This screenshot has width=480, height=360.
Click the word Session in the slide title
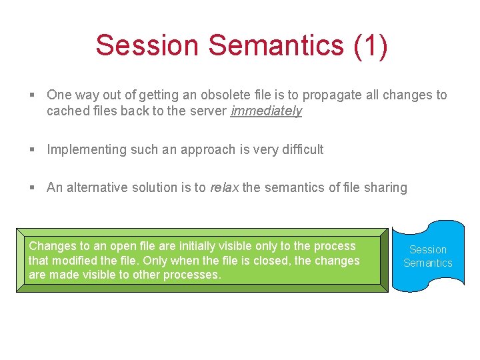pos(147,45)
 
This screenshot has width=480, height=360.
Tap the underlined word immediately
pos(266,111)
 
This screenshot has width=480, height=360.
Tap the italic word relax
pos(224,188)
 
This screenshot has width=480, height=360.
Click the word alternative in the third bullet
pos(97,188)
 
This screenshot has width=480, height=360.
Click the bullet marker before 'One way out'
pos(32,95)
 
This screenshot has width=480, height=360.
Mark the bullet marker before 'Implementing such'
pos(32,150)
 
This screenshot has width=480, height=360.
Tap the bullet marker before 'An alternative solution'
pos(32,188)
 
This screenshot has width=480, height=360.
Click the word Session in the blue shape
pos(427,250)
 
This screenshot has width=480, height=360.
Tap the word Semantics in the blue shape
pos(427,263)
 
